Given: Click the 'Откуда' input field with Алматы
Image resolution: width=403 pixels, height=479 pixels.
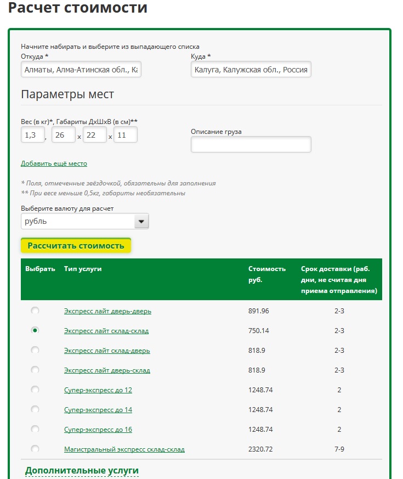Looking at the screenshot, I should [x=81, y=70].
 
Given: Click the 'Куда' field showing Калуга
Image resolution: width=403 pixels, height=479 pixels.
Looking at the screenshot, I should [x=251, y=70].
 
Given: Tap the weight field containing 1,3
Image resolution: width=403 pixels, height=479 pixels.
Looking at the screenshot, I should [x=32, y=135].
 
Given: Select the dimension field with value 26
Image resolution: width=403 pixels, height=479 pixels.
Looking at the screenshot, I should [x=63, y=135].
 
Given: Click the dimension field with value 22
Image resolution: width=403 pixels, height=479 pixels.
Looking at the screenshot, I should [x=94, y=135].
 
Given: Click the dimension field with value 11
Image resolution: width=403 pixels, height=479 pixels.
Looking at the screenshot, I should [x=125, y=135].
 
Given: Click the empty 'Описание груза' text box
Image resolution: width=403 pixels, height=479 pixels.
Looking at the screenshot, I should [x=251, y=144].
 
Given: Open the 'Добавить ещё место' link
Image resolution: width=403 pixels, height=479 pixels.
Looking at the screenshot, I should [x=54, y=164].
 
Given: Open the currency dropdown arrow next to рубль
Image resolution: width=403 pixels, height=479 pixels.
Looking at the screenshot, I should [x=141, y=221].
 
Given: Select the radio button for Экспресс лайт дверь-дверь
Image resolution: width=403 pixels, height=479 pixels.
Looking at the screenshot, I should [x=35, y=311].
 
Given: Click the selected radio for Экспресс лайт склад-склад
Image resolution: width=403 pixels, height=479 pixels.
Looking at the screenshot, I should [x=35, y=330].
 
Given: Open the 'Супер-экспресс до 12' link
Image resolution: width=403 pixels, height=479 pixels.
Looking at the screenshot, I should [x=98, y=390].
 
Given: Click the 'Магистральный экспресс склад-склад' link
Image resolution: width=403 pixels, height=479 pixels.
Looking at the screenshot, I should [x=124, y=449].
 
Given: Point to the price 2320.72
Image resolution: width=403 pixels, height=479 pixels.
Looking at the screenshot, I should [x=260, y=449].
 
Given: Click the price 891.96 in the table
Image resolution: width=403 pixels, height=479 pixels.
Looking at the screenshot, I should [x=259, y=311].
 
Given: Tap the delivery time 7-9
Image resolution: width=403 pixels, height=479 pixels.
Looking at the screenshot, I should [x=339, y=449].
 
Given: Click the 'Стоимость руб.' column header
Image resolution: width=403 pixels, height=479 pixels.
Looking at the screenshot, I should [x=266, y=274].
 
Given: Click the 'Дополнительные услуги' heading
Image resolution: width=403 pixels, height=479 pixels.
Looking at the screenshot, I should [x=82, y=471].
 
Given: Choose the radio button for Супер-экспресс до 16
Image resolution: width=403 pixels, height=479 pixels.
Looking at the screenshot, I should [x=35, y=429].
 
